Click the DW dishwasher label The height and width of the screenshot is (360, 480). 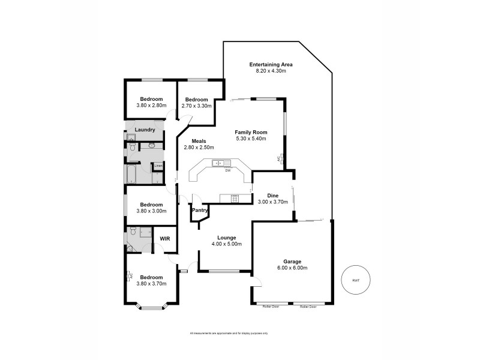click(228, 170)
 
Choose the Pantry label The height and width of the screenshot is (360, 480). click(200, 211)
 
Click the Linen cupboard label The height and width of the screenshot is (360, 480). click(158, 166)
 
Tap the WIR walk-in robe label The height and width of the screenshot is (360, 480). click(164, 238)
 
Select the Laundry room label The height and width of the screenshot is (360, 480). click(145, 130)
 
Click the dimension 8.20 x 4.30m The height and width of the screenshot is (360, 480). click(271, 71)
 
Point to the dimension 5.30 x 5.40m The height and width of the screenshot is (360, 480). click(251, 139)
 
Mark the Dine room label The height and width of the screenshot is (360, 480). click(272, 196)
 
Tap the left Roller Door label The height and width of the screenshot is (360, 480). click(271, 306)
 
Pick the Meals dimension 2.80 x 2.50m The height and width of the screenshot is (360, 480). click(199, 147)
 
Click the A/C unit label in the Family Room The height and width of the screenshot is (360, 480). click(278, 160)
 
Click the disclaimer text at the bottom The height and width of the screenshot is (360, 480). click(229, 333)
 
